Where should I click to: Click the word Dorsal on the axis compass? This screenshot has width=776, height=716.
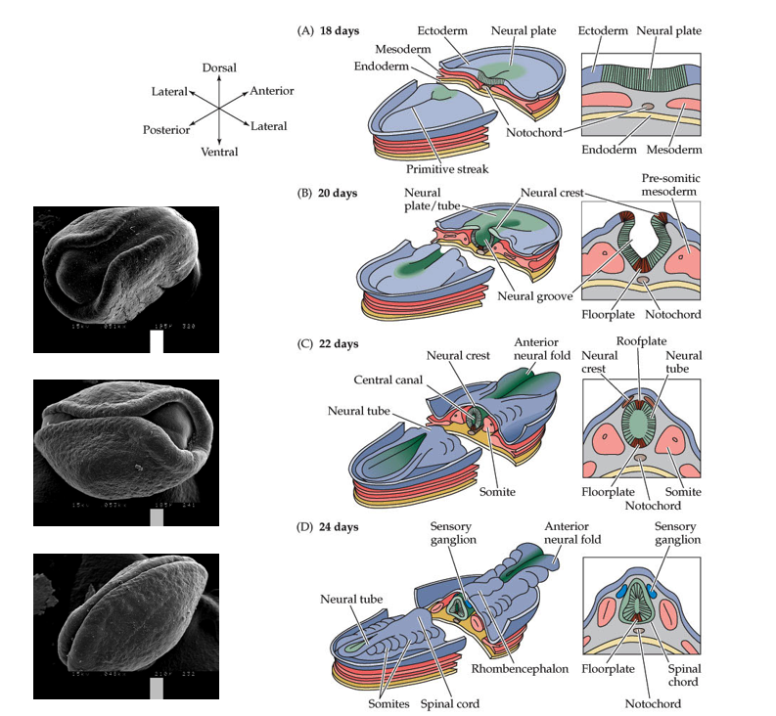(219, 67)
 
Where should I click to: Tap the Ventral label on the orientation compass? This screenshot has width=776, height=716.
(219, 152)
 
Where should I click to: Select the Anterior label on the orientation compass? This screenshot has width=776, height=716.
(272, 91)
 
